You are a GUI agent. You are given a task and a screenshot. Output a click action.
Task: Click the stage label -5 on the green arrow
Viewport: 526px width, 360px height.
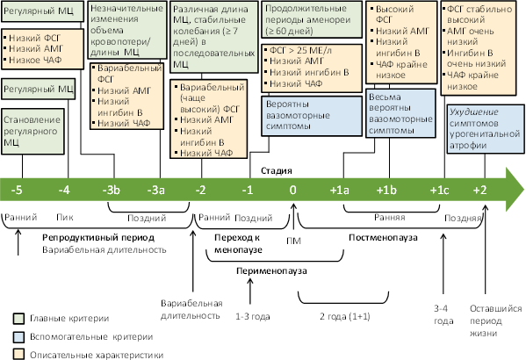(17, 191)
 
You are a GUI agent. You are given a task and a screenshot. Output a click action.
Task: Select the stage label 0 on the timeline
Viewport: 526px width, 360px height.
(292, 191)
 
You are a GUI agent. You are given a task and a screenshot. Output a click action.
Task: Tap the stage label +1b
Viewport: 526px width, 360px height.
(386, 191)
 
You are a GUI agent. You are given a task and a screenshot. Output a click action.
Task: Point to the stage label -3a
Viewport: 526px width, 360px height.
(156, 191)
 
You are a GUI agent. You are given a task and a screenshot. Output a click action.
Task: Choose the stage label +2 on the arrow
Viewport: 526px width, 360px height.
(479, 191)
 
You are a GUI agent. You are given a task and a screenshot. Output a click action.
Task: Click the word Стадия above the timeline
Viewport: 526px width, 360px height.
(277, 170)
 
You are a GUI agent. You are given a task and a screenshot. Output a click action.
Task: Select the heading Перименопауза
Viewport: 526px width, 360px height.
(271, 270)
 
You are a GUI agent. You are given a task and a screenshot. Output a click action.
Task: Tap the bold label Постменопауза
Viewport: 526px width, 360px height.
(383, 238)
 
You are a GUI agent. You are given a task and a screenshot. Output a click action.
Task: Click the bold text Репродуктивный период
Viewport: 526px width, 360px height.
(98, 238)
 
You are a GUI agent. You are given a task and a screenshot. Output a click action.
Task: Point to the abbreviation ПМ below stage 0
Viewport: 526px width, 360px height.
(293, 241)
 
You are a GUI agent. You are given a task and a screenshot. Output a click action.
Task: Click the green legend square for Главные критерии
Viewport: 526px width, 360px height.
(18, 319)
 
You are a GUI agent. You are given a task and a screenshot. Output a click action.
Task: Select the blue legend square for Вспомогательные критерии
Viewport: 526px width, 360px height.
(18, 337)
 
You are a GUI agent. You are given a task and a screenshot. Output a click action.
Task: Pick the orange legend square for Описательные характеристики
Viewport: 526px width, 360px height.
(18, 355)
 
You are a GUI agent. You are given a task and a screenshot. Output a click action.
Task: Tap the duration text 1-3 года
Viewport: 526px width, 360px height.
(253, 317)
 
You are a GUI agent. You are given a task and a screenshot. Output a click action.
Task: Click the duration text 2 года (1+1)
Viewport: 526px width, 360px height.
(344, 316)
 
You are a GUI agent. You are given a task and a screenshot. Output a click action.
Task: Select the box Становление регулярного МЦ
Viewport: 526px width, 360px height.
(32, 131)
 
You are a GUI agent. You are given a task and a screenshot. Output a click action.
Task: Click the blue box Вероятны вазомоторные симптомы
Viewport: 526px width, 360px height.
(312, 116)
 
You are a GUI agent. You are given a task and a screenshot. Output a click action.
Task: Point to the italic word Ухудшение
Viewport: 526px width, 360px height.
(473, 112)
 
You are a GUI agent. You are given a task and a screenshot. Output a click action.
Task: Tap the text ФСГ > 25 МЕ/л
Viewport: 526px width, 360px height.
(300, 50)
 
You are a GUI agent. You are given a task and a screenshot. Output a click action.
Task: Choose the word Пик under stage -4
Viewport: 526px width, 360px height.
(65, 218)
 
